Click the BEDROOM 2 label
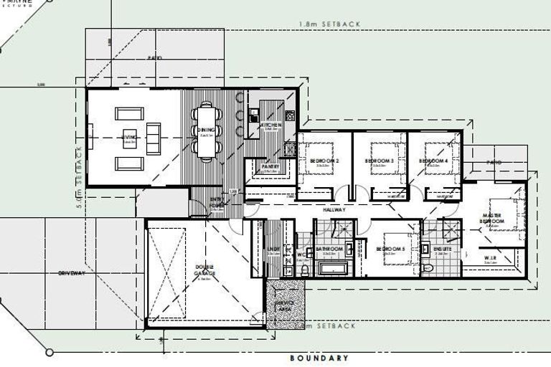pos(324,161)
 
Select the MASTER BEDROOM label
pos(492,218)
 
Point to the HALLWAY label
pos(334,210)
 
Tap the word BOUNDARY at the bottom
pos(319,358)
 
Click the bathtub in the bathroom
pos(332,270)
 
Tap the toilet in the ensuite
pos(428,269)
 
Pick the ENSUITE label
pos(441,249)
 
